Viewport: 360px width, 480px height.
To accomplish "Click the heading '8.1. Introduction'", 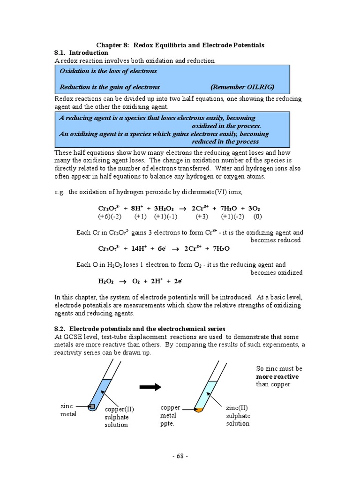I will (81, 53).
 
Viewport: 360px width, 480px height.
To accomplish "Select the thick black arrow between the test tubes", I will (150, 387).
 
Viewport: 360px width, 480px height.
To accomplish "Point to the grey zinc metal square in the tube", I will (92, 406).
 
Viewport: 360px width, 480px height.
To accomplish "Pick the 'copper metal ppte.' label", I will (170, 415).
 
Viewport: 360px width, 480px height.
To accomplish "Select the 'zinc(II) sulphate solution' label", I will (238, 416).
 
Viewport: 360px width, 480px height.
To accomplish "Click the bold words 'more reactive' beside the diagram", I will (277, 376).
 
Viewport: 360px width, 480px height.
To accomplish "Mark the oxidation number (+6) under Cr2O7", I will (104, 217).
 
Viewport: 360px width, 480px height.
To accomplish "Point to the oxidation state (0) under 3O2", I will (257, 217).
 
